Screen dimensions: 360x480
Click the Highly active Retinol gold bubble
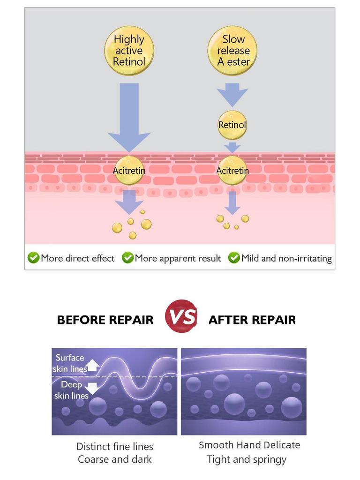click(129, 51)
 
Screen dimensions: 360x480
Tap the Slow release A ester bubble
click(232, 51)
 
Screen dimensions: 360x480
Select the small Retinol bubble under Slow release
click(232, 125)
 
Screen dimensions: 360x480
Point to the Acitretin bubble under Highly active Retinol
click(129, 170)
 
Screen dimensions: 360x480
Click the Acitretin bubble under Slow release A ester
click(232, 170)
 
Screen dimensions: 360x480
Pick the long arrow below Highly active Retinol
click(129, 118)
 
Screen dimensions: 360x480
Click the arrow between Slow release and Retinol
click(232, 95)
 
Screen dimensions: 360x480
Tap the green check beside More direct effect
click(33, 258)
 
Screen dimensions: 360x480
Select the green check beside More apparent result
click(127, 258)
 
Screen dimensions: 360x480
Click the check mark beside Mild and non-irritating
click(234, 258)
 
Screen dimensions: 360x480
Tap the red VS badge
click(181, 316)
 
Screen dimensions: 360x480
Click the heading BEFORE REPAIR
click(105, 320)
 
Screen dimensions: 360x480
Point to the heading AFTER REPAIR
click(252, 320)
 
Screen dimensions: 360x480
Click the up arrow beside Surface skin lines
click(93, 365)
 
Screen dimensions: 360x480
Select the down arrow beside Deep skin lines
click(92, 389)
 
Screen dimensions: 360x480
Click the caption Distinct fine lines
click(114, 447)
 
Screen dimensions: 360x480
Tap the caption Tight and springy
click(247, 459)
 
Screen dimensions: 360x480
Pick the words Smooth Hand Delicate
click(249, 445)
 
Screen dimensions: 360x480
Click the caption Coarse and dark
click(115, 459)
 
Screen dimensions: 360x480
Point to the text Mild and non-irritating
click(286, 258)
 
